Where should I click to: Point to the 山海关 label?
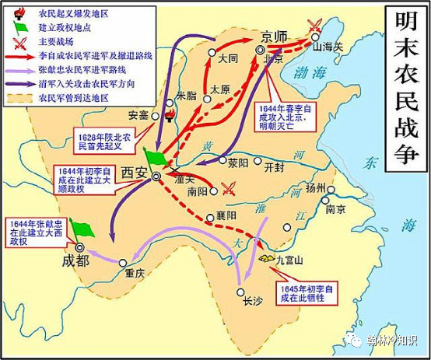321,47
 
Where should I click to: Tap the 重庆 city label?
135,274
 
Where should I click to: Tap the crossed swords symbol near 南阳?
229,187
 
